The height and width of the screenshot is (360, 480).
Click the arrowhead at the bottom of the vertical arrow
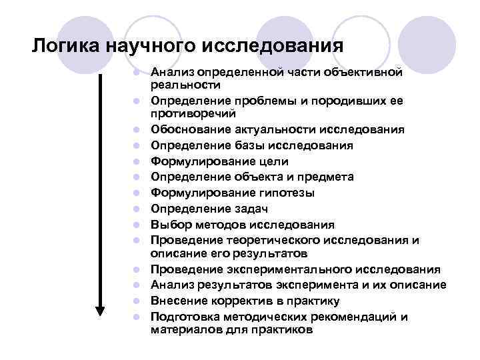[101, 311]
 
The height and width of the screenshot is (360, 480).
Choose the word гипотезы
[291, 193]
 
